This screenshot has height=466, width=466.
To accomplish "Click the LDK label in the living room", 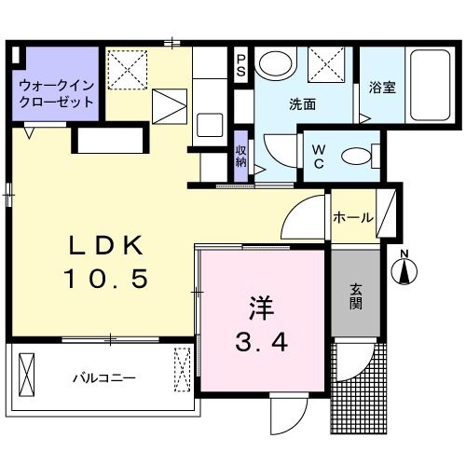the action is (105, 245).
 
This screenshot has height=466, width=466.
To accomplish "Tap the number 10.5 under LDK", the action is (105, 279).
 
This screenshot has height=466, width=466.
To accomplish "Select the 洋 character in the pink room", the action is (261, 308).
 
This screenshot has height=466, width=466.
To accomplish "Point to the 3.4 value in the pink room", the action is (261, 342).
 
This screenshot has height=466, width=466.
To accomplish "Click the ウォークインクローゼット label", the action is (57, 94).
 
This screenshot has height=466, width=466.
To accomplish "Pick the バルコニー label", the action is (104, 378).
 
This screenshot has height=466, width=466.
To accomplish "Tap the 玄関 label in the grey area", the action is (356, 296).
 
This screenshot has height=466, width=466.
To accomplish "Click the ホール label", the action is (353, 217).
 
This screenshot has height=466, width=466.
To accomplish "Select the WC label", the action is (319, 157).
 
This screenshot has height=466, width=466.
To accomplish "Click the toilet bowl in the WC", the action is (357, 157).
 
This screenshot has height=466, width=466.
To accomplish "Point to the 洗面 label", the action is (302, 104).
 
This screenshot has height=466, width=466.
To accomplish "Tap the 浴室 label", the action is (382, 88).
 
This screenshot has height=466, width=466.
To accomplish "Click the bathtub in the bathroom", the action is (430, 85).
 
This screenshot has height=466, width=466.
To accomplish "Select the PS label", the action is (240, 65).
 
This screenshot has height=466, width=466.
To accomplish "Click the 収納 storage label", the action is (240, 157).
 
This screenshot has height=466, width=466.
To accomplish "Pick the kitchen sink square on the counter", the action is (210, 125).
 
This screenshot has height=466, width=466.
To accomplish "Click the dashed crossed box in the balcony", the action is (182, 370).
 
